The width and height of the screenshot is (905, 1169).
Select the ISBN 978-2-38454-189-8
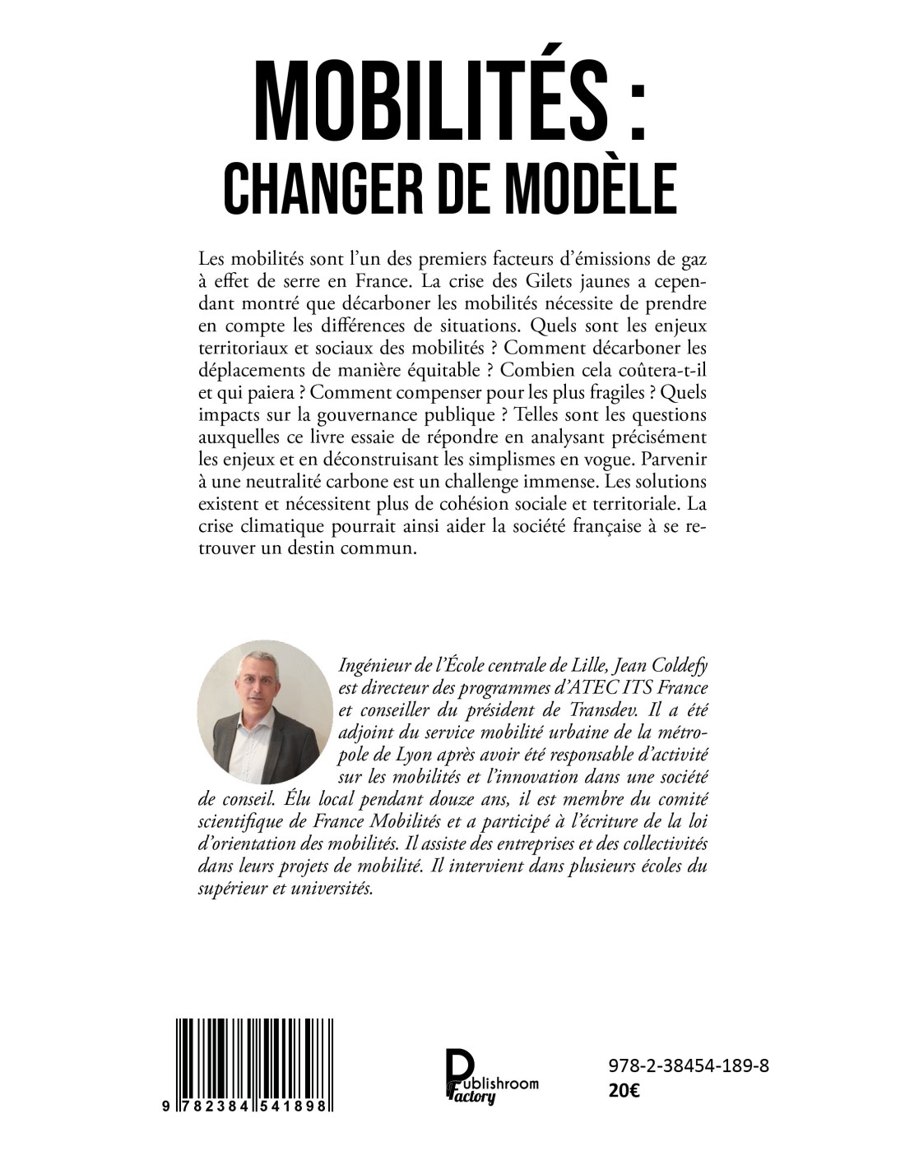click(x=689, y=1066)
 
